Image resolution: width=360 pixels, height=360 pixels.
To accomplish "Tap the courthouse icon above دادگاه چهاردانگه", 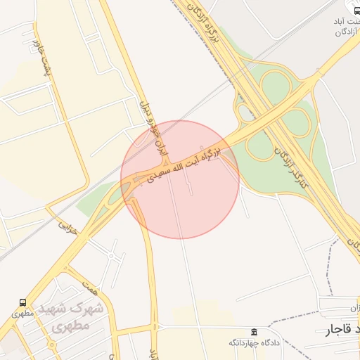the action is [x=254, y=332].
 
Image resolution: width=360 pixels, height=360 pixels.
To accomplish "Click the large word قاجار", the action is [x=337, y=330].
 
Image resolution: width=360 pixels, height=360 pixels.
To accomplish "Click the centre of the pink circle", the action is [x=180, y=179].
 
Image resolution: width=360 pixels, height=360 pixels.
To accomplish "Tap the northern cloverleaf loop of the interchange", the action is [x=276, y=86].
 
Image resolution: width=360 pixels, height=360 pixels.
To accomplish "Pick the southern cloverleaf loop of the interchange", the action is [x=259, y=147].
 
